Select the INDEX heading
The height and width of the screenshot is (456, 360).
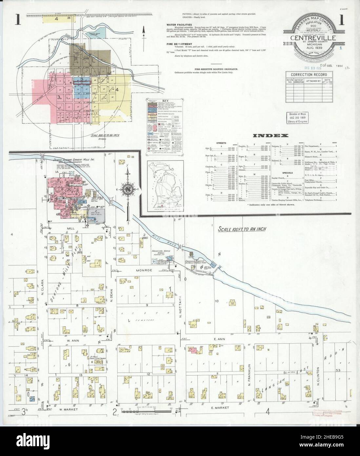coord(271,135)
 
